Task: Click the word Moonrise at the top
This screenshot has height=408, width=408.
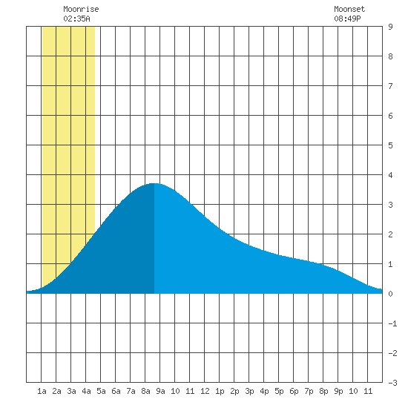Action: tap(81, 9)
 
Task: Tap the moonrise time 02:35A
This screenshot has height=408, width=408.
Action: tap(76, 19)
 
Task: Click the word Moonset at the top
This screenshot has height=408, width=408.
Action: tap(349, 9)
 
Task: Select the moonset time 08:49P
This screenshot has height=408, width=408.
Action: tap(347, 19)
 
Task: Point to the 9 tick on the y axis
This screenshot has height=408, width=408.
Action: tap(390, 27)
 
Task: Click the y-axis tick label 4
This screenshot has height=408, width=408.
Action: tap(390, 175)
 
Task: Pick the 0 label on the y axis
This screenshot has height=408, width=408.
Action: tap(390, 294)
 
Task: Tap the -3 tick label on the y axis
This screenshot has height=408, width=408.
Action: tap(392, 383)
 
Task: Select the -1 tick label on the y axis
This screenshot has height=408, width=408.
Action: tap(392, 323)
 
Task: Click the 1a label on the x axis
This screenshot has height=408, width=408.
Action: tap(42, 391)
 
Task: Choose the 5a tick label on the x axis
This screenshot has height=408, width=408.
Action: tap(101, 391)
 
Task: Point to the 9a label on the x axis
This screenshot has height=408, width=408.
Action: tap(160, 391)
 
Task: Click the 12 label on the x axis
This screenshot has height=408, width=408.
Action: tap(205, 391)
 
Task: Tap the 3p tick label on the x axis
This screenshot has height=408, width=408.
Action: tap(249, 391)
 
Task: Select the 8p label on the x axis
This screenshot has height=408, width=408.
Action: tap(323, 391)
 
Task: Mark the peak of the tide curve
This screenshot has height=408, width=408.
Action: tap(154, 183)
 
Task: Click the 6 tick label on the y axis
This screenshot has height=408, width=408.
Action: tap(390, 116)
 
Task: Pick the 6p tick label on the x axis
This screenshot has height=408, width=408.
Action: tap(294, 391)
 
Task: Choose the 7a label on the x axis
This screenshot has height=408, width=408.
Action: tap(131, 391)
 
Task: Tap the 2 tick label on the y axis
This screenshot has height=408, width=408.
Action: tap(390, 234)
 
